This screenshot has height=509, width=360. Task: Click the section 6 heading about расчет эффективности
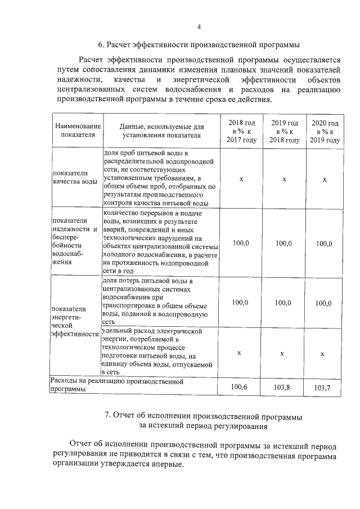pos(199,44)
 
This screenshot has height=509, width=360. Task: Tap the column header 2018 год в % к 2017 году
pos(241,132)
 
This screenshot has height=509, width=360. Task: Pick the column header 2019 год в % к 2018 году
pos(284,132)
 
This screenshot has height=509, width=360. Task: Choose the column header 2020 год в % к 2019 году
pos(325,132)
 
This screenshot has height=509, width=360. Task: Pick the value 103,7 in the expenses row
pos(323,388)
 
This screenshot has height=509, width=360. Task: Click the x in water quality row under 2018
pos(241,179)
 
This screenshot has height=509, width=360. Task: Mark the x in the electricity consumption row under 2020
pos(322,354)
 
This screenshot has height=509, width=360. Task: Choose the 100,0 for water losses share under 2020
pos(323,303)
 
